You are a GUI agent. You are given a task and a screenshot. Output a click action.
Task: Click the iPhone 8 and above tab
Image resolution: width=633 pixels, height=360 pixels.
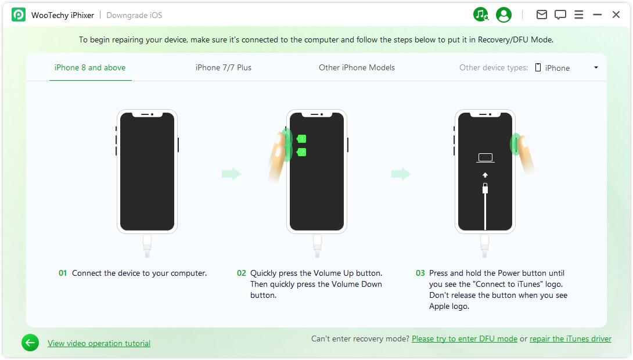pos(90,67)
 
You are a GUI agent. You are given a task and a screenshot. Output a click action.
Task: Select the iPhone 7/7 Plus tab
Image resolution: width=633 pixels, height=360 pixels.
pos(224,67)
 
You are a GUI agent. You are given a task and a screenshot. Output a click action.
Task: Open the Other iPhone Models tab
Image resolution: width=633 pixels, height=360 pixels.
pos(357,67)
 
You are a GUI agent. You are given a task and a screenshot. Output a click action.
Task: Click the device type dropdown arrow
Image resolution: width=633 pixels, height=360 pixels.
pos(596,67)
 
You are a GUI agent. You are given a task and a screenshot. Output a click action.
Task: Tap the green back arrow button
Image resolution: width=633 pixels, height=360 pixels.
pos(30,343)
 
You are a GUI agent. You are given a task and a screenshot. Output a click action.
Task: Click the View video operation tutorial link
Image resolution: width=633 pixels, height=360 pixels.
pos(99,343)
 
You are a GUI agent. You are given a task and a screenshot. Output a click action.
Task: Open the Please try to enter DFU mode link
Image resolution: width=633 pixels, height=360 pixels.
pos(465,339)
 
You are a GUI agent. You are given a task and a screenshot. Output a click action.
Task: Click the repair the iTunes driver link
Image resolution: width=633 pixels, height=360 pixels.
pos(570,339)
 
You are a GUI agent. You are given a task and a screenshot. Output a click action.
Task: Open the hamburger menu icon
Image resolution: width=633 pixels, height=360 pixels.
pos(578,15)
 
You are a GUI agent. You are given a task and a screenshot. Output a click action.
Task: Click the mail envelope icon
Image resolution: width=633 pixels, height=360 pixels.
pos(542,15)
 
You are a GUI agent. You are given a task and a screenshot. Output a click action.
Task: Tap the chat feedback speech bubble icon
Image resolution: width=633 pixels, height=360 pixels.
pos(560,15)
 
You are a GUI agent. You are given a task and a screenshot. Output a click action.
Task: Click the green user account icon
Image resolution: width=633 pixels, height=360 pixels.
pos(503,15)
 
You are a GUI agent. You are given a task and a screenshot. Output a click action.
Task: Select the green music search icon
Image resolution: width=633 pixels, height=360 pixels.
pos(481,15)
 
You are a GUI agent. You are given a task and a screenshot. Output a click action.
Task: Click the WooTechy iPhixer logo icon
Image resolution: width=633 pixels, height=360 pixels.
pos(19,15)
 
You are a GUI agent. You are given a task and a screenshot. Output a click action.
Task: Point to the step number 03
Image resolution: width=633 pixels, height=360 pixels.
pos(420,273)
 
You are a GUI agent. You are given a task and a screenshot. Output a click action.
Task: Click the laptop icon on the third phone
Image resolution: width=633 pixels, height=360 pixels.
pos(485,157)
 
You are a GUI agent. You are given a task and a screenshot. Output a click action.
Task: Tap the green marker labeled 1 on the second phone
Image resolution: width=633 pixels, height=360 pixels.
pos(301,139)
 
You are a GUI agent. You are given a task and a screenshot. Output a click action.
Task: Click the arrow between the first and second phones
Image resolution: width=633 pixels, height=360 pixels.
pos(231,174)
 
